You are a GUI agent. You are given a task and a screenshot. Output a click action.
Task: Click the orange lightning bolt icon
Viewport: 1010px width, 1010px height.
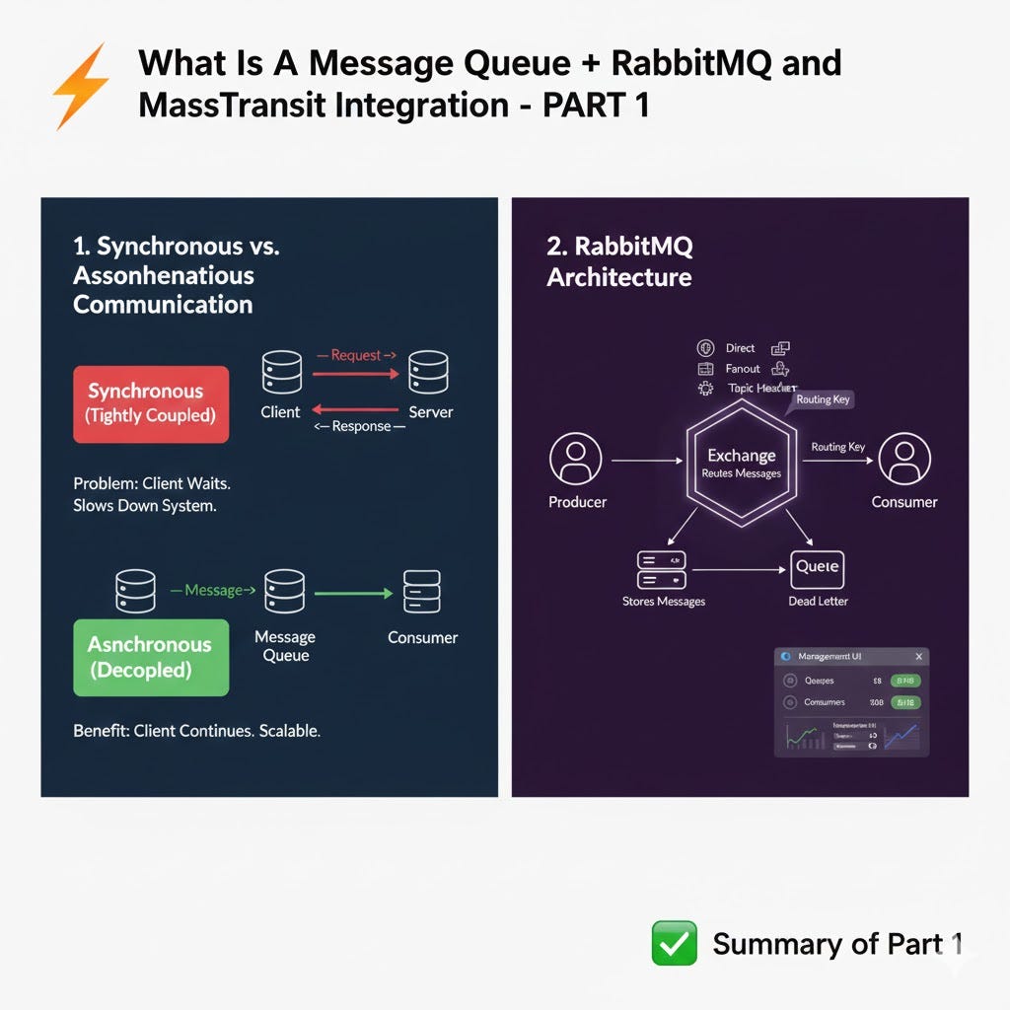(81, 87)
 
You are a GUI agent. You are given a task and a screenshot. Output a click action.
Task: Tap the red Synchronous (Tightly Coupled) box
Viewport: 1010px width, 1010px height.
(151, 403)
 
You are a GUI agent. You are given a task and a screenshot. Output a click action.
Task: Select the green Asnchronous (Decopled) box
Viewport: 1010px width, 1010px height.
(151, 657)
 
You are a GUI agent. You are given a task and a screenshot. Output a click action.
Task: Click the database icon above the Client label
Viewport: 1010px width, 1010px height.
(281, 372)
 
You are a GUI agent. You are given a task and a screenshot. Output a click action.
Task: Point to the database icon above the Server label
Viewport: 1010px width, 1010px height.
(428, 372)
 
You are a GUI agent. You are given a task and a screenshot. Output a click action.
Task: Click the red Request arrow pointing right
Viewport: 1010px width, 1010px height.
(355, 374)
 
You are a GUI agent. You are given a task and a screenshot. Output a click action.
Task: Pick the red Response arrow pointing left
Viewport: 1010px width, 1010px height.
(355, 408)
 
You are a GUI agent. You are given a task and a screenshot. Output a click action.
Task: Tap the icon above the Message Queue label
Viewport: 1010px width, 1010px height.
(284, 592)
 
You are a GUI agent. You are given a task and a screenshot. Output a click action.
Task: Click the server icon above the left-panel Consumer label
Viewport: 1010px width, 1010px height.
(422, 592)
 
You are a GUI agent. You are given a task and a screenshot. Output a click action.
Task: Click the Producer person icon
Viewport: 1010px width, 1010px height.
(576, 460)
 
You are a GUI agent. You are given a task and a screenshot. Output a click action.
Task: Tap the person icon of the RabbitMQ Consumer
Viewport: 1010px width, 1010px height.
(903, 460)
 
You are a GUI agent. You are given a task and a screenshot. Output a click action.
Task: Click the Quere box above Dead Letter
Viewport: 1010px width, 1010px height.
(818, 568)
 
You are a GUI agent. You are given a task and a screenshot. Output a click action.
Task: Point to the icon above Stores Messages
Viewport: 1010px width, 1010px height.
(662, 569)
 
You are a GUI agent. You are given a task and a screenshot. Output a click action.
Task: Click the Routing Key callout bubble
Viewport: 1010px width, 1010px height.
(823, 399)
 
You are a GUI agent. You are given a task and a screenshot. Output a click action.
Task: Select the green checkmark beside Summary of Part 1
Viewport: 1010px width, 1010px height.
(675, 943)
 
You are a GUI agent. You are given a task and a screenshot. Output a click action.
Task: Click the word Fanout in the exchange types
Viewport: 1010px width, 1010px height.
(743, 368)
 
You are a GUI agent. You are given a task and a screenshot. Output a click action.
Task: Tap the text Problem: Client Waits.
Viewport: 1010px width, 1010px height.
(151, 484)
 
